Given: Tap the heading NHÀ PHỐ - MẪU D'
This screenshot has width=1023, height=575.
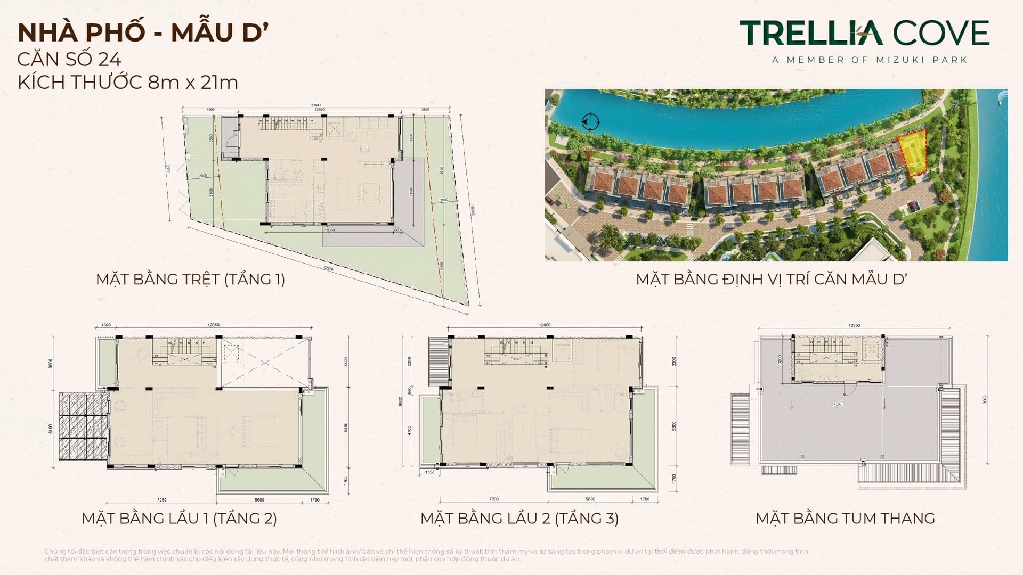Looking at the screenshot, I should click(142, 32).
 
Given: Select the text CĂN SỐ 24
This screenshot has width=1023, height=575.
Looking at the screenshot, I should click(69, 59).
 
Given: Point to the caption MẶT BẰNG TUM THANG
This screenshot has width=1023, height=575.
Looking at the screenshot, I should click(845, 518).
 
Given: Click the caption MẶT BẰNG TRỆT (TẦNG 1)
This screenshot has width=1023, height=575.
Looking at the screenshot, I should click(190, 279).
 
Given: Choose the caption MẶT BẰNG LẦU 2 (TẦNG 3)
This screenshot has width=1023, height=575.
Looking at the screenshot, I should click(519, 518).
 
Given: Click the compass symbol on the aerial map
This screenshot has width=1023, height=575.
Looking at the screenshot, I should click(590, 122).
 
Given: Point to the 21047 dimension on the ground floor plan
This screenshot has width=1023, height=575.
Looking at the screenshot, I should click(316, 106).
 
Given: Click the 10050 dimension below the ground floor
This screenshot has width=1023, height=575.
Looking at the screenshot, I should click(330, 230).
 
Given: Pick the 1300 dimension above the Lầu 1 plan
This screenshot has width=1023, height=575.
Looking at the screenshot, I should click(105, 325).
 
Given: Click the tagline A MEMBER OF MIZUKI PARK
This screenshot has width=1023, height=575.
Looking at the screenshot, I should click(870, 60).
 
